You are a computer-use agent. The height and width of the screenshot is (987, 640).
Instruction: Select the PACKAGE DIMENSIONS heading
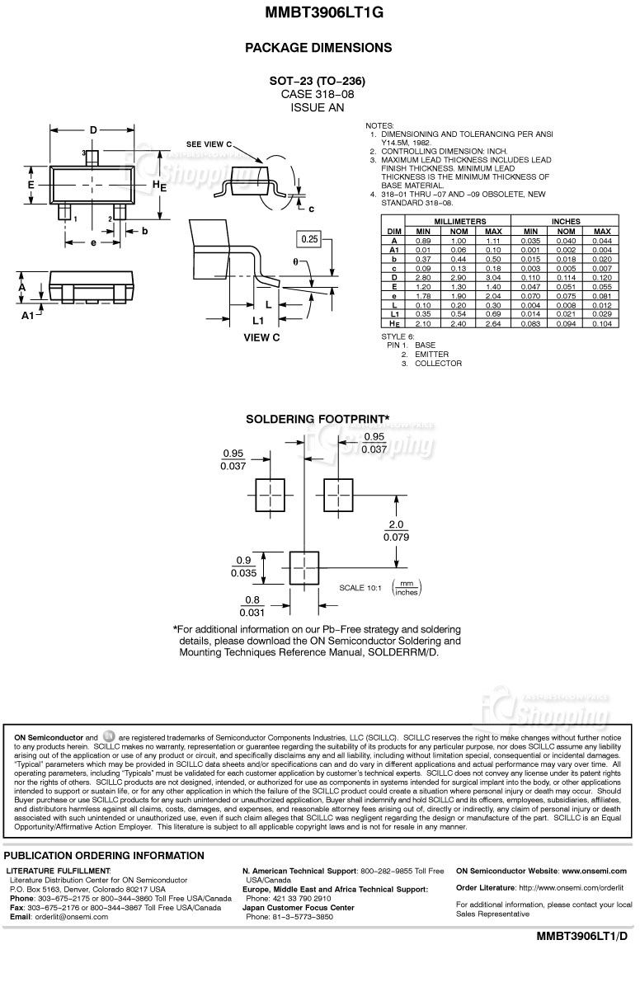318,48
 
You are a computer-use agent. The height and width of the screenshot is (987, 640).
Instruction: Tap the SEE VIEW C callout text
209,143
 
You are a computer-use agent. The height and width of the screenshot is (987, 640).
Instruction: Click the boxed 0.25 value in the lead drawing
310,239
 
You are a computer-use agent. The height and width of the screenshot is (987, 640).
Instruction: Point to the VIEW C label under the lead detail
262,337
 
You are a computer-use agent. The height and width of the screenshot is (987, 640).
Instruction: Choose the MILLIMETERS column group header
459,222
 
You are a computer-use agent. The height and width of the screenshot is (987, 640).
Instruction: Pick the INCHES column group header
566,222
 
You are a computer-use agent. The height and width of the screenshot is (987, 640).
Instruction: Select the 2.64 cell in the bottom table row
493,324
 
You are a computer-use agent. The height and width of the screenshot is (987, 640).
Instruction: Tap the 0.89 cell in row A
423,241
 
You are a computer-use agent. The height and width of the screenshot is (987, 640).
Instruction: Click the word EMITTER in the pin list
431,355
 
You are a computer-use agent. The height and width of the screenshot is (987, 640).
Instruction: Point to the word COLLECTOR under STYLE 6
438,364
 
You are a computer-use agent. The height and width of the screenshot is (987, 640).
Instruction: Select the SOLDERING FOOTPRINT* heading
318,420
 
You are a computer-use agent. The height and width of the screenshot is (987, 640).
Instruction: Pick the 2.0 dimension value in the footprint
396,524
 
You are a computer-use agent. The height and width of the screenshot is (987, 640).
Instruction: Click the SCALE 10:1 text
360,588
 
